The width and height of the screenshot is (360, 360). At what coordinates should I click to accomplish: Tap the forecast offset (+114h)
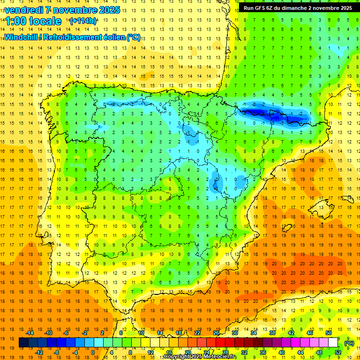pos(83,21)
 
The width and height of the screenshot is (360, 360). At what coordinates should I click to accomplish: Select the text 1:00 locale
pos(33,21)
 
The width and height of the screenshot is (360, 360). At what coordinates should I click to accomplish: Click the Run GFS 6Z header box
pos(298,8)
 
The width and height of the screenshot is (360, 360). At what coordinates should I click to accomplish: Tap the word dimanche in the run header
pos(300,8)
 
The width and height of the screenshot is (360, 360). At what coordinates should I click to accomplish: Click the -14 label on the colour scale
pos(30,333)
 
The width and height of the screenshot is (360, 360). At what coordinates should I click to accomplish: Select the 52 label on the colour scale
pos(338,352)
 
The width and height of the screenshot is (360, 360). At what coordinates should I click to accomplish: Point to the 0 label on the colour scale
pos(92,352)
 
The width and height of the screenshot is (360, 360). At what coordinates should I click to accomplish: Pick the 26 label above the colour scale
pos(217,333)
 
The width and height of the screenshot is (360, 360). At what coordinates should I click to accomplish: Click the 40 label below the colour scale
pos(282,352)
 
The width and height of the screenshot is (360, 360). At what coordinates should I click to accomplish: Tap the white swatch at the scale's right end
pos(333,343)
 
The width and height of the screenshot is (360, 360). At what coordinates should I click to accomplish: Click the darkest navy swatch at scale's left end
pos(23,343)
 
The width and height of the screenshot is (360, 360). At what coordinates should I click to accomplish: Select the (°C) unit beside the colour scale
pos(349,343)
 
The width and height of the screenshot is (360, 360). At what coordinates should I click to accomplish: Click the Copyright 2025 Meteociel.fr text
pos(200,357)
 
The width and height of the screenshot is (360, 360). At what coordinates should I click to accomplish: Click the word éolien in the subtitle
pos(113,37)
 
